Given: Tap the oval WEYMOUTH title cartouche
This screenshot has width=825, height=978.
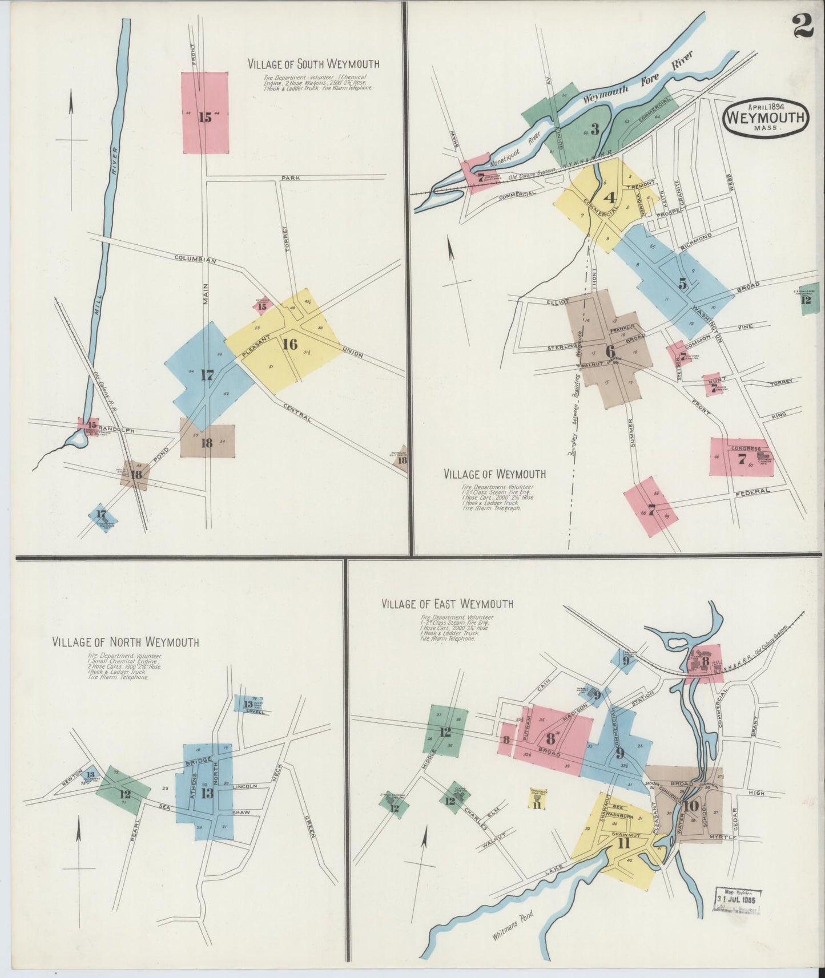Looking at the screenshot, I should coord(765,118).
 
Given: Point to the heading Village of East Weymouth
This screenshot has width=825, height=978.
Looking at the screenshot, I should coord(448,604).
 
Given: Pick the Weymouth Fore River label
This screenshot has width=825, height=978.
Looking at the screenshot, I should coord(638,79).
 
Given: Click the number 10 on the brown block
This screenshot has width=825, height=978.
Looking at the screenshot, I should coord(691,806).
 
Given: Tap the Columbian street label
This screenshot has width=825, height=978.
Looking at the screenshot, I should coord(195,260).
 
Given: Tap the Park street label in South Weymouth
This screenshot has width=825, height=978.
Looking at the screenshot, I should coord(290,179).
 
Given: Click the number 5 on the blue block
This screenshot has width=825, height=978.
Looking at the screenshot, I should coord(682,282).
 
